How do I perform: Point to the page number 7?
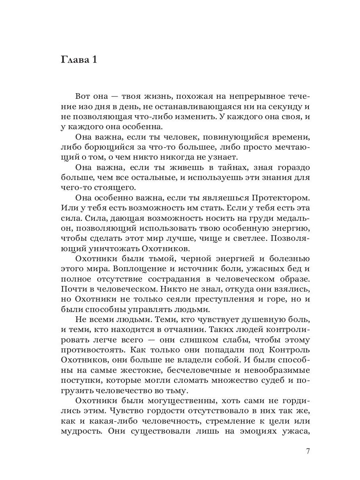tap(308, 452)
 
